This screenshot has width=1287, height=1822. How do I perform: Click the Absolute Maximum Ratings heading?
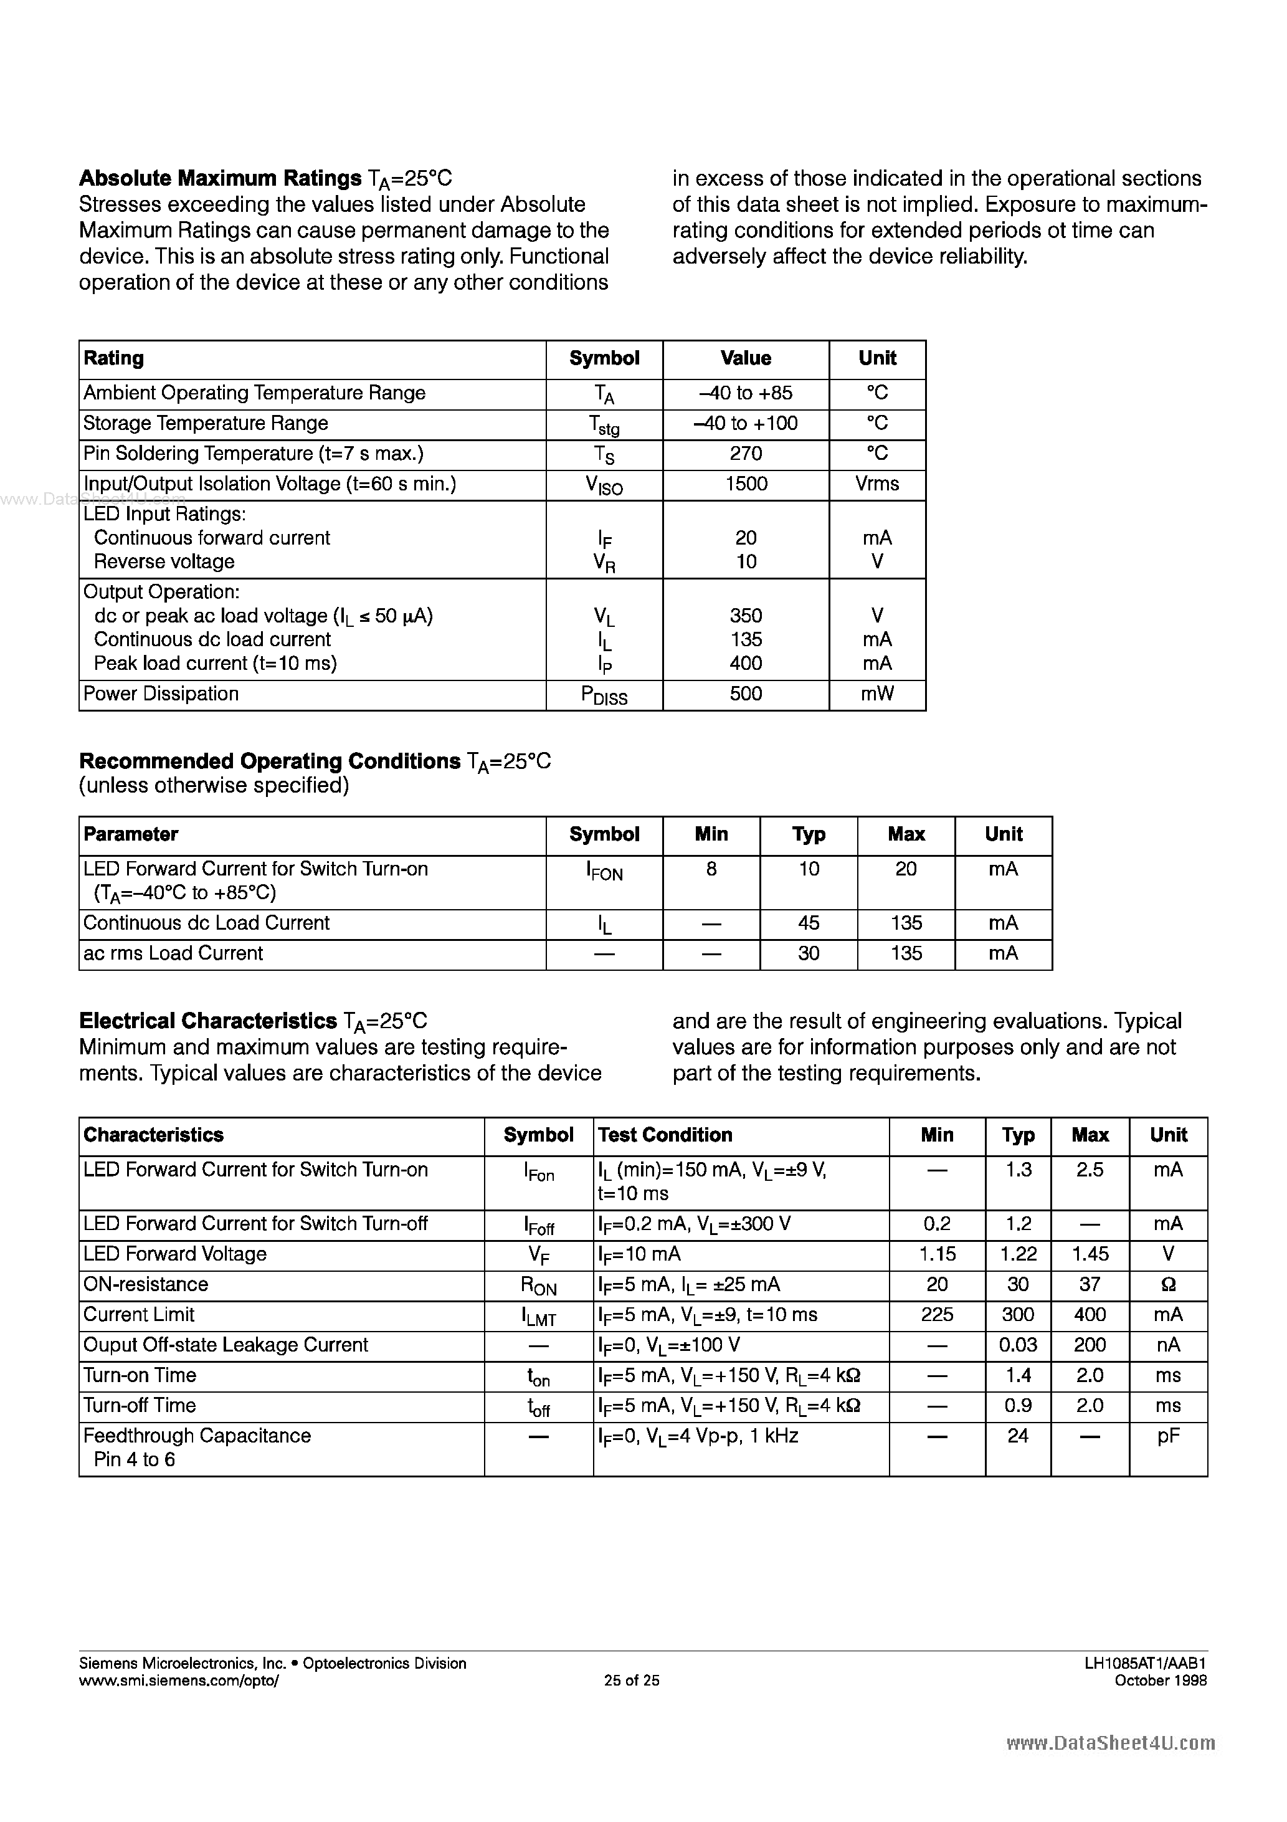(x=221, y=178)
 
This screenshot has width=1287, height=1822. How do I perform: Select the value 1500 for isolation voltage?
(x=746, y=484)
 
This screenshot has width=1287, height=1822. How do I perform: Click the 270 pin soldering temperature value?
(x=746, y=454)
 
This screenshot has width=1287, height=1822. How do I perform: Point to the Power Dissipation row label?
(x=161, y=694)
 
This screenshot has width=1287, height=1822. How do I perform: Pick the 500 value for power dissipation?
(x=746, y=694)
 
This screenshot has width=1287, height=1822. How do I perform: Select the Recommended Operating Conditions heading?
(x=270, y=761)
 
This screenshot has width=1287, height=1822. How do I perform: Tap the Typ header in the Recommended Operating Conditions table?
(x=809, y=834)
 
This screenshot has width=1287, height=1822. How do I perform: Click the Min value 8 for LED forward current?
(x=711, y=869)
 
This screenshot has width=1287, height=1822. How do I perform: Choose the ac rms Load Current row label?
(x=173, y=953)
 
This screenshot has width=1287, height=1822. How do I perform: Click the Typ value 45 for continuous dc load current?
(x=809, y=923)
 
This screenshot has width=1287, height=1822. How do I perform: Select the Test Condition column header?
(x=665, y=1135)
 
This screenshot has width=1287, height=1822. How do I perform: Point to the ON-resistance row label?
(x=145, y=1284)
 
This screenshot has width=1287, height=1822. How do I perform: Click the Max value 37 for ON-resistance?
(x=1090, y=1284)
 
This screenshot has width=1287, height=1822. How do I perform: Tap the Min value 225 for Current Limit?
(x=937, y=1314)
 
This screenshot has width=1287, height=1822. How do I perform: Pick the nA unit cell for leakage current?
(x=1168, y=1344)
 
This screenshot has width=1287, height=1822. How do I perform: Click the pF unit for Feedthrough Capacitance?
(x=1168, y=1436)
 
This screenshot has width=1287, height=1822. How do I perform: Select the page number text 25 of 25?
(x=632, y=1680)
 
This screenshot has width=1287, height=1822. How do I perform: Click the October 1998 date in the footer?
(x=1160, y=1680)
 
